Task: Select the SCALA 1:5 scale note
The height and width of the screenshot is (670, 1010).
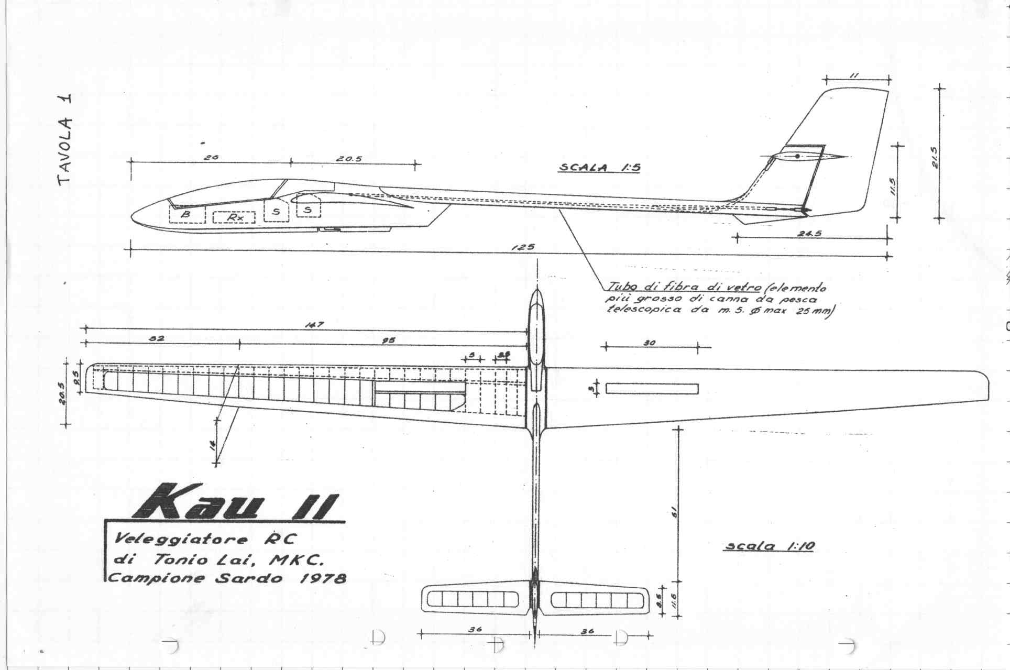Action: [x=599, y=168]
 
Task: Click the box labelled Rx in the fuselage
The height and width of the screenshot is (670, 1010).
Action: [x=234, y=217]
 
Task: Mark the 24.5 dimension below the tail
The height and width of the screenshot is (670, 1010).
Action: [x=809, y=233]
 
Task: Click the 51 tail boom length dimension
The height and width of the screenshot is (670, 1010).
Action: [x=674, y=511]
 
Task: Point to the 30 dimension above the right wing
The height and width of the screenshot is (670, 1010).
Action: [x=650, y=343]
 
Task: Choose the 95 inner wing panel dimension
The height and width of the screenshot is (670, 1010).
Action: [x=388, y=340]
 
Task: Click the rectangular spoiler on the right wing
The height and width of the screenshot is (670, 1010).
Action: [x=652, y=389]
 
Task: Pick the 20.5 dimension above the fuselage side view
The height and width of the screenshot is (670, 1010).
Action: [x=349, y=159]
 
